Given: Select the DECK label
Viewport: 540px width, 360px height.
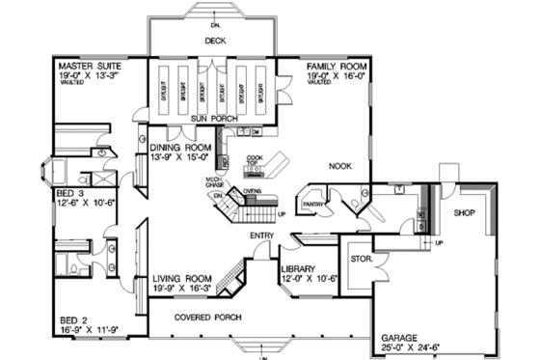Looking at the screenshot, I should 215,42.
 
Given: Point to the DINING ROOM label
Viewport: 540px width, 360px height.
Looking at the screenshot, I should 180,148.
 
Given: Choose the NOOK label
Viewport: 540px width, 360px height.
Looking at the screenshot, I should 341,166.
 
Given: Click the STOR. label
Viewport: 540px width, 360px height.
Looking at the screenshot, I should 362,259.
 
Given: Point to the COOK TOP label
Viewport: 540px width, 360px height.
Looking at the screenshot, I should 255,160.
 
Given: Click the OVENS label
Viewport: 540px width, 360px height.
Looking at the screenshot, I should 254,191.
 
